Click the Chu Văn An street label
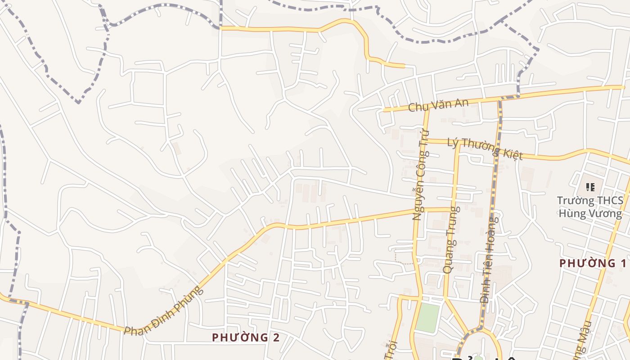438,105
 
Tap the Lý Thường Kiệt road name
485,149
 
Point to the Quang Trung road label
451,240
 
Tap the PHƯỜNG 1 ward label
593,263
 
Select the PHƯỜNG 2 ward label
246,337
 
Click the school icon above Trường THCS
590,186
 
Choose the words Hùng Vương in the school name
590,213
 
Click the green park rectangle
427,317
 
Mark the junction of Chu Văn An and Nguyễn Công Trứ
427,108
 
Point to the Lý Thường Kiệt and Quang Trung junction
458,144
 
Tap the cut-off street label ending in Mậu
581,342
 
